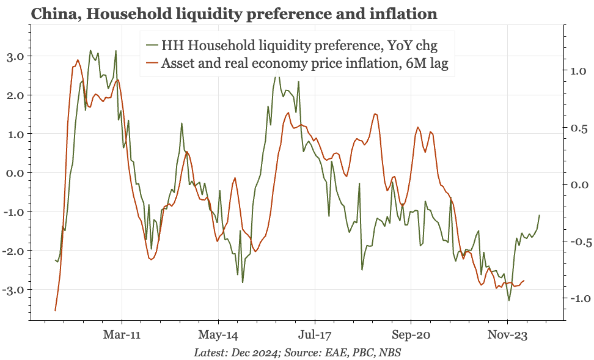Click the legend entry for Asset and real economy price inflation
point(304,64)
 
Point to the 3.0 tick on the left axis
point(13,56)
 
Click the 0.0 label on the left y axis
point(13,173)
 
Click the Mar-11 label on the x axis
point(122,335)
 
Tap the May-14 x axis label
point(218,335)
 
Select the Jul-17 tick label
point(315,335)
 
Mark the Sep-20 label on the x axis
point(411,335)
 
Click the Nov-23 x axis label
point(507,335)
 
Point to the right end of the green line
point(539,215)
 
